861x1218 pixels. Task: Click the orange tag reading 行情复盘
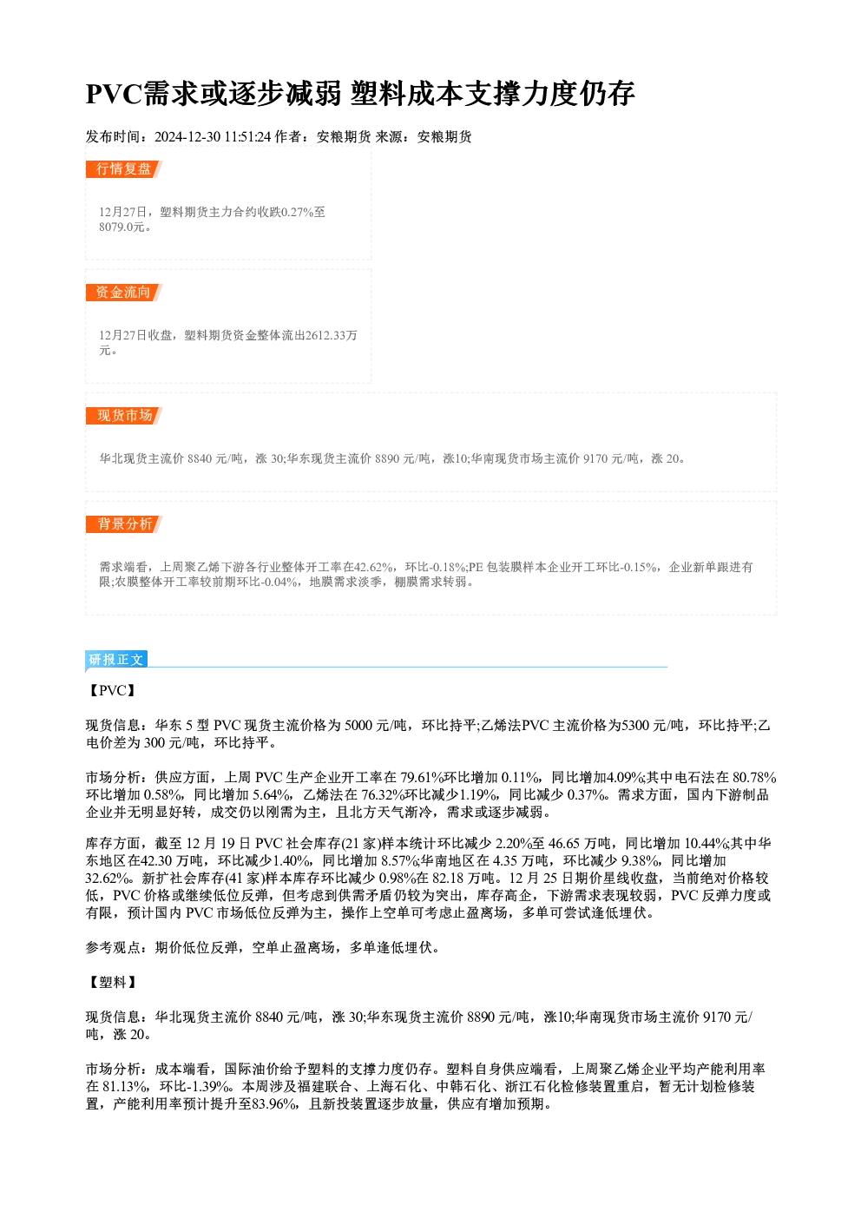[x=124, y=169]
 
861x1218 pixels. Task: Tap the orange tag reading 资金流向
[x=124, y=293]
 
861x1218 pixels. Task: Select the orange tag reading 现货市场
[x=124, y=416]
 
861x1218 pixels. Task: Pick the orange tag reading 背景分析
[x=124, y=524]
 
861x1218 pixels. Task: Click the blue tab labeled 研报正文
[x=116, y=660]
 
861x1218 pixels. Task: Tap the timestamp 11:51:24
[x=247, y=137]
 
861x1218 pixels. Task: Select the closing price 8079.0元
[x=122, y=227]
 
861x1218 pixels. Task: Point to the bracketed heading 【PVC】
[x=112, y=690]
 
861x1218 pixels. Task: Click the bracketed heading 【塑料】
[x=112, y=982]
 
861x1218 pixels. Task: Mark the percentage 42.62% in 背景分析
[x=373, y=568]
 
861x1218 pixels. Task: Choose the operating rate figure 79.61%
[x=422, y=778]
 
